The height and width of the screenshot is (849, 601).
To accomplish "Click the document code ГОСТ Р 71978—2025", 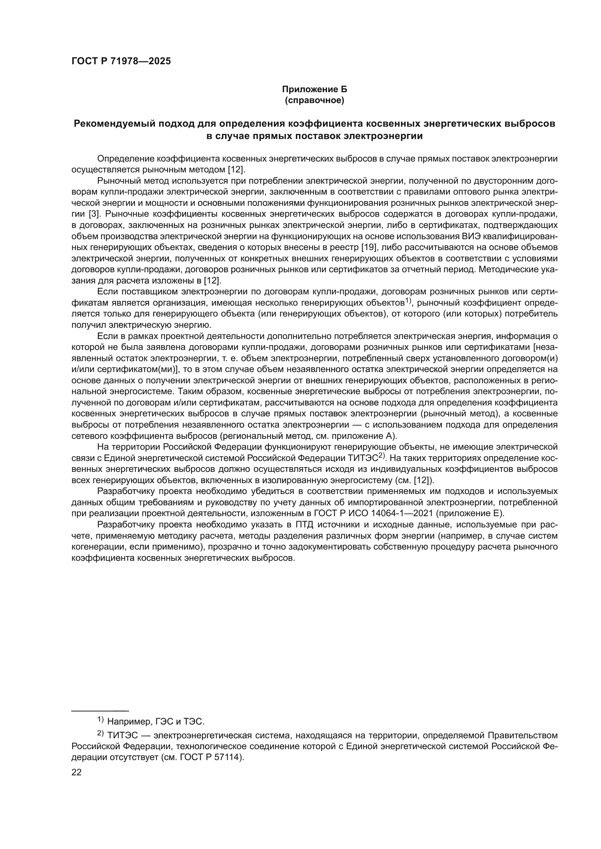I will click(121, 61).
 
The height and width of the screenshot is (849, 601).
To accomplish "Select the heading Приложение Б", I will click(315, 89).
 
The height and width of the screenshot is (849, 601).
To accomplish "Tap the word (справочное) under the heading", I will click(315, 100).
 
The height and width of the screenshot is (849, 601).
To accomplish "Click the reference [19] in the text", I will click(368, 248).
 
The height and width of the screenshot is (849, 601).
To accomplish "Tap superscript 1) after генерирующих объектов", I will click(408, 301).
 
